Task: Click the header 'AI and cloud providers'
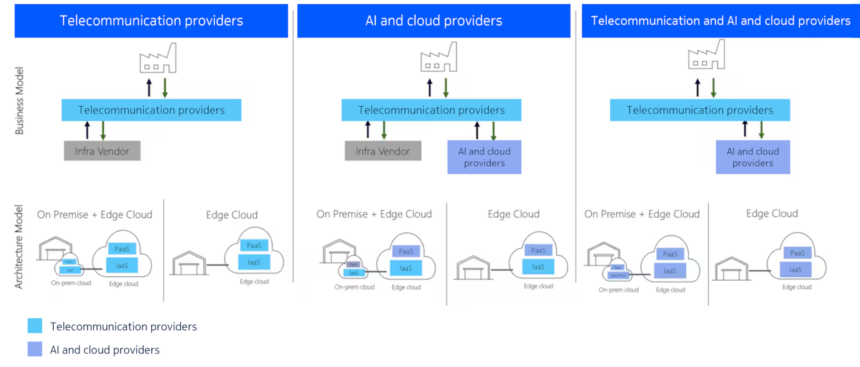(434, 21)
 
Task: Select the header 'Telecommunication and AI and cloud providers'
(720, 21)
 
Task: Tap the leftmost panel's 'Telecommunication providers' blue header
(151, 21)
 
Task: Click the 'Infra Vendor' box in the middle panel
(382, 151)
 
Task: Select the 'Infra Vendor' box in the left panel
(102, 151)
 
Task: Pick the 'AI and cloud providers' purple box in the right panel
(752, 157)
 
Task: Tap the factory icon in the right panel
(706, 56)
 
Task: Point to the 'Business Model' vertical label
(19, 100)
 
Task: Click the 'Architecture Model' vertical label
(19, 247)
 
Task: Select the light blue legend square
(35, 326)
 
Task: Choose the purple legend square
(35, 349)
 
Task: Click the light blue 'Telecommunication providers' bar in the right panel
(699, 110)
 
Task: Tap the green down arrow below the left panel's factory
(165, 87)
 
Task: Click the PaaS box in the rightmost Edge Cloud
(797, 253)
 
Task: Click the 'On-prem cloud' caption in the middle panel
(354, 287)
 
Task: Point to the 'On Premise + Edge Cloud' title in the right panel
(641, 214)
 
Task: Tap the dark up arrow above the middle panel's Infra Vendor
(367, 130)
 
